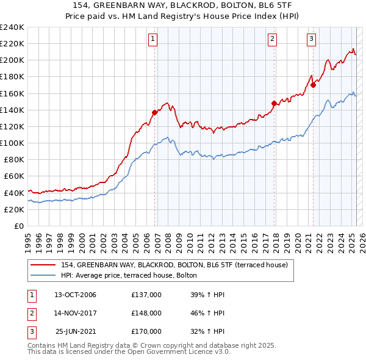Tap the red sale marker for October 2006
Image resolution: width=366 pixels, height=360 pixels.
pos(154,112)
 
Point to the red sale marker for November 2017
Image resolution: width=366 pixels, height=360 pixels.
pos(274,103)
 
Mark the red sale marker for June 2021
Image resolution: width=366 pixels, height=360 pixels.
pos(313,85)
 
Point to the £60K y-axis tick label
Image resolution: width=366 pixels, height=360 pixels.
pos(13,176)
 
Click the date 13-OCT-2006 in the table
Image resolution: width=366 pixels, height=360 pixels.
pos(75,295)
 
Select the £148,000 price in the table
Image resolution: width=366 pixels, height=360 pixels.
pos(146,313)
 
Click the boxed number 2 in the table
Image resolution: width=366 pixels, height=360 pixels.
pos(31,313)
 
